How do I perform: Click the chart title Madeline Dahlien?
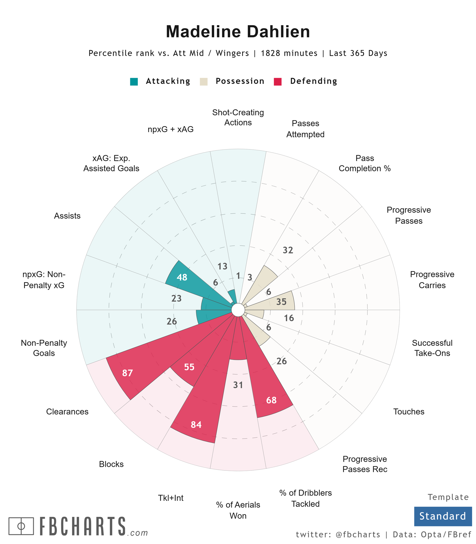[x=238, y=32]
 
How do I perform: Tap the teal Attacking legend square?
[x=134, y=82]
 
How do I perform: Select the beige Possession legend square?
[x=203, y=82]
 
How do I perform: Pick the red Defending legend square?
[x=278, y=82]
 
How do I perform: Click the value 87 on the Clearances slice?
[x=127, y=373]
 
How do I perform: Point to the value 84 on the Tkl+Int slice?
[x=196, y=425]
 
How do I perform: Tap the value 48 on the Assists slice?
[x=182, y=277]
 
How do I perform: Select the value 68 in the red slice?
[x=271, y=400]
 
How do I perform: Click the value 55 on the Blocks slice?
[x=189, y=367]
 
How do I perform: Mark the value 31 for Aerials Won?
[x=238, y=385]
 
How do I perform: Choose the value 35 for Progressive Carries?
[x=281, y=302]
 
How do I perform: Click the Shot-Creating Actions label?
[x=238, y=117]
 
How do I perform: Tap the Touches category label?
[x=409, y=412]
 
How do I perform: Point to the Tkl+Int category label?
[x=171, y=498]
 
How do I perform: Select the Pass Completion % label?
[x=364, y=163]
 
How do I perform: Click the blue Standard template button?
[x=443, y=516]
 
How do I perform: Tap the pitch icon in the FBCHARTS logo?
[x=21, y=526]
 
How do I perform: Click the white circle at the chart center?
[x=238, y=310]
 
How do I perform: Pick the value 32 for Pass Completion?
[x=288, y=250]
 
